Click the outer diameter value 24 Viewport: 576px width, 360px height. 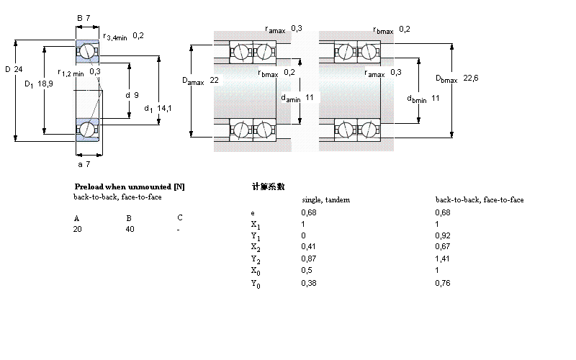coord(20,69)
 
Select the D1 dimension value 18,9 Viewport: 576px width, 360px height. coord(44,84)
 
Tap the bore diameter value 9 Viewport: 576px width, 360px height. coord(136,94)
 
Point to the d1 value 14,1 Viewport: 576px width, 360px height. coord(164,108)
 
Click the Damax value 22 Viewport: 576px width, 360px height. coord(214,80)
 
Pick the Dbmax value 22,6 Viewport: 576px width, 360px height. coord(471,78)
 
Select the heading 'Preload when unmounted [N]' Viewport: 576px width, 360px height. coord(130,186)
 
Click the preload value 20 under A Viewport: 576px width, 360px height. coord(78,229)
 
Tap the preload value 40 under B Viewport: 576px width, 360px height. coord(130,229)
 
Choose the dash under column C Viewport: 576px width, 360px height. coord(179,229)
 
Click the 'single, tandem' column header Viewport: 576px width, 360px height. coord(325,199)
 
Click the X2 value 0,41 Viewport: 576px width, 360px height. coord(307,246)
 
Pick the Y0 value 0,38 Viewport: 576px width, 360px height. coord(307,283)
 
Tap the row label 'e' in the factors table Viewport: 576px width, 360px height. coord(252,213)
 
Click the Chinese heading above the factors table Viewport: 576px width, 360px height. coord(269,186)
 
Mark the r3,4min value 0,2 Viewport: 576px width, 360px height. coord(138,35)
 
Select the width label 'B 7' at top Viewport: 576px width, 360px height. coord(83,17)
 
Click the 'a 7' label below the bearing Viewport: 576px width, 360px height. coord(85,165)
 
